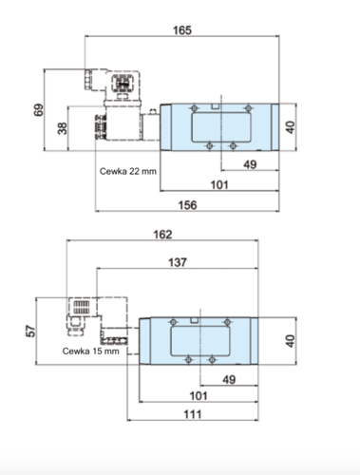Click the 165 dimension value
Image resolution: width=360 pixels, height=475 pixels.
(182, 30)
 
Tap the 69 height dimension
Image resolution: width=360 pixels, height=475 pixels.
(39, 110)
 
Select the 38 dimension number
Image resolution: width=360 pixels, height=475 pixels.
(63, 128)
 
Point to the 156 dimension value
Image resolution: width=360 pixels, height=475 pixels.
(188, 205)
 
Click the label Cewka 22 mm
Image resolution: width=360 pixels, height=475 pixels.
(128, 171)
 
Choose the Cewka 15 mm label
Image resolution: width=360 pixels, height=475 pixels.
(91, 351)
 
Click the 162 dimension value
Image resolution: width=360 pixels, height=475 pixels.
(162, 235)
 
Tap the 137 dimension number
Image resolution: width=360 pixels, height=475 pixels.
(178, 262)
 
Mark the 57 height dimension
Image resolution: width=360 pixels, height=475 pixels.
(31, 331)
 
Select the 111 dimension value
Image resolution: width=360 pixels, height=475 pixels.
(193, 414)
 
